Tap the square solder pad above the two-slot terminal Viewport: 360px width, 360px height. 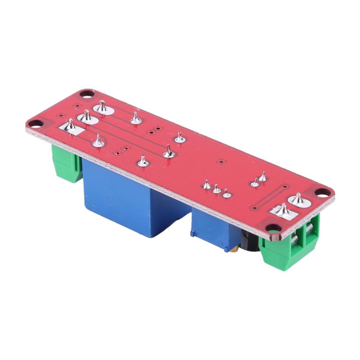[x=284, y=212]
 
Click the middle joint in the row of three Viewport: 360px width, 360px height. [x=217, y=189]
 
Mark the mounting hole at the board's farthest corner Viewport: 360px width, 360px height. [x=87, y=94]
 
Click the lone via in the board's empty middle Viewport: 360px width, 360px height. [x=222, y=162]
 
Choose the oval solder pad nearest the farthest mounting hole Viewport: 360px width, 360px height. [x=102, y=108]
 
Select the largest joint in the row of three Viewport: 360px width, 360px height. [x=207, y=186]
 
